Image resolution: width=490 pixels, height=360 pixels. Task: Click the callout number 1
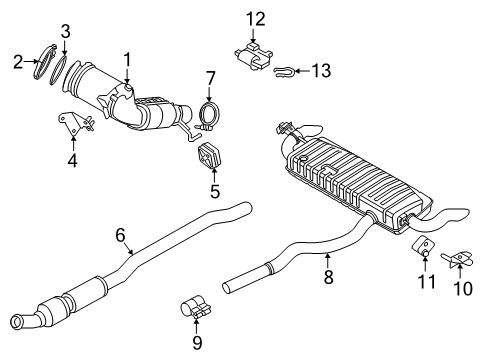click(x=127, y=60)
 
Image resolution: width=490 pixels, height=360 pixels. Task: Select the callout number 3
click(x=65, y=33)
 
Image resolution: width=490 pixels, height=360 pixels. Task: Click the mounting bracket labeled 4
click(x=75, y=125)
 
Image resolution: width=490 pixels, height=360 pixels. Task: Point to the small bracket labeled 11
click(x=424, y=251)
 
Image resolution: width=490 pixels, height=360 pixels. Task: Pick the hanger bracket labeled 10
click(x=460, y=259)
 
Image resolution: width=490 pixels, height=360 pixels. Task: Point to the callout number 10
click(x=461, y=289)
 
